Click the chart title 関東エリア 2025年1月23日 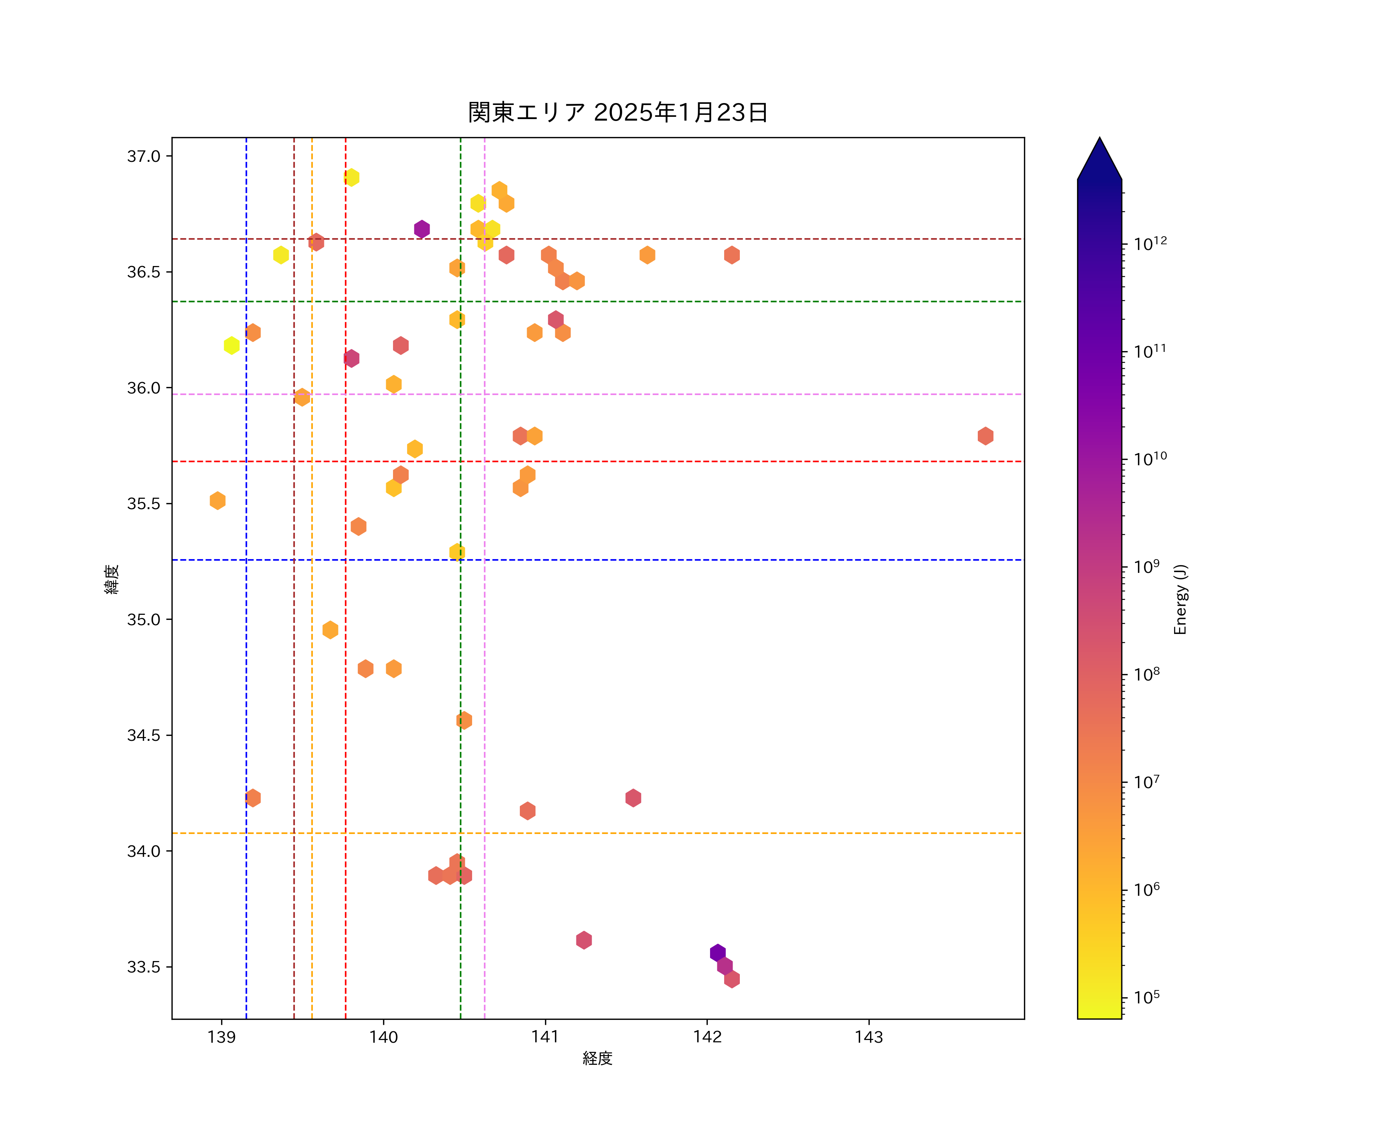click(x=618, y=113)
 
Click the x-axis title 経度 click(x=597, y=1058)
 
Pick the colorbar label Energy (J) click(x=1180, y=599)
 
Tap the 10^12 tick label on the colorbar click(x=1150, y=244)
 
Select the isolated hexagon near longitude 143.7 click(x=985, y=436)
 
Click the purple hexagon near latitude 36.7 click(x=422, y=229)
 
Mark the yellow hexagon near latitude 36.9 click(x=352, y=177)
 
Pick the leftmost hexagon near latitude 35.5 click(x=217, y=500)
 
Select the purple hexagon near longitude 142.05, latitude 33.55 click(x=718, y=953)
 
